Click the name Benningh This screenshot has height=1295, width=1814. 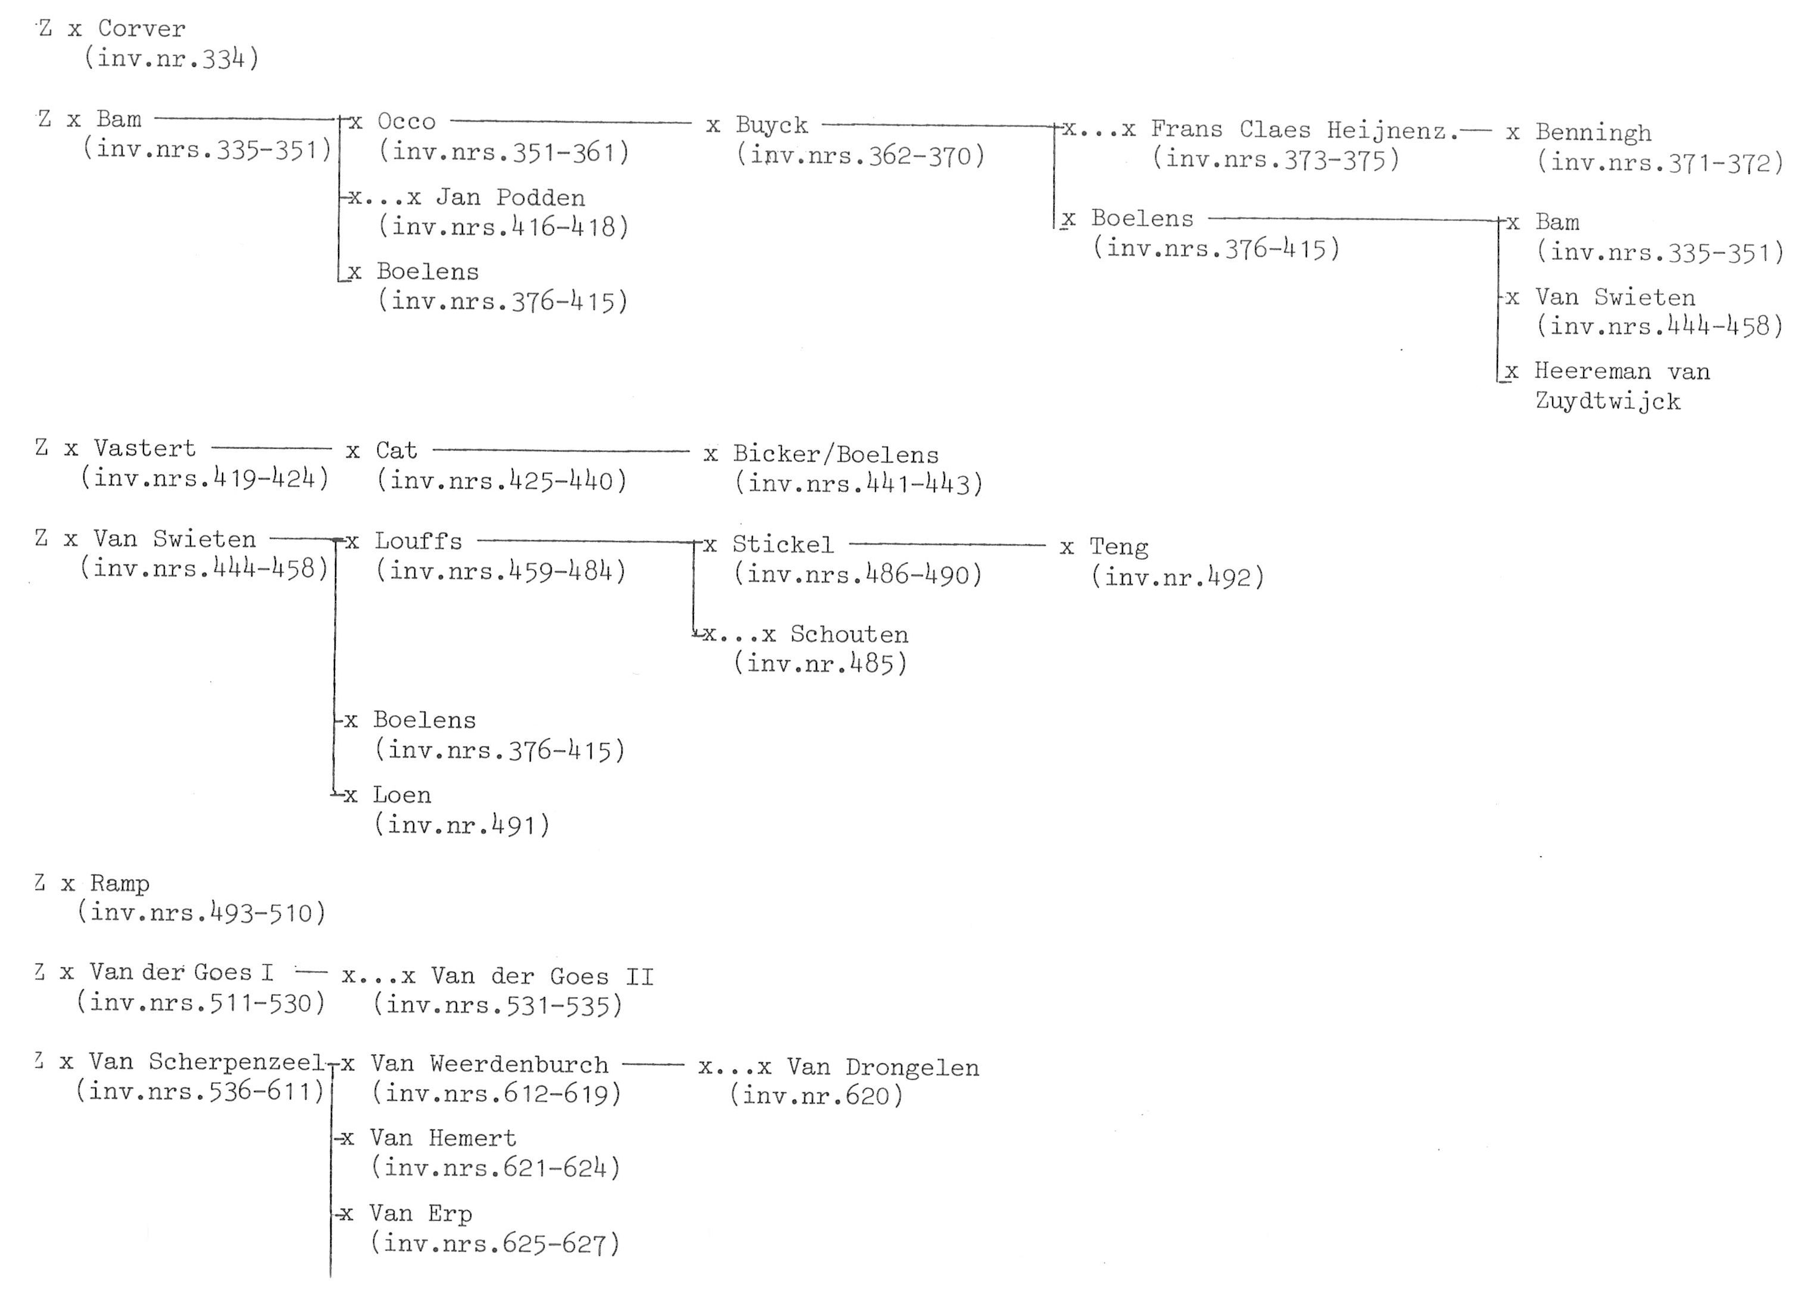click(1593, 133)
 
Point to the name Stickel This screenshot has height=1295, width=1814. click(783, 545)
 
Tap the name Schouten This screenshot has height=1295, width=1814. click(849, 635)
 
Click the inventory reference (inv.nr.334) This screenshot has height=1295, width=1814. click(173, 59)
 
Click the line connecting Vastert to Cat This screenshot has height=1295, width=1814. click(271, 448)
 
